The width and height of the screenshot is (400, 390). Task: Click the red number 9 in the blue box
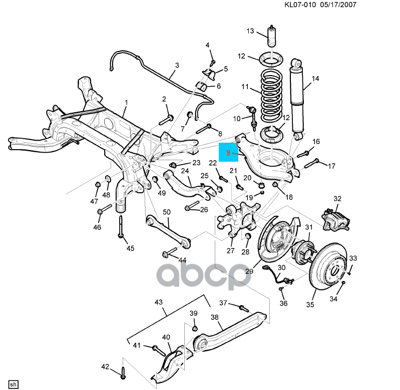[228, 153]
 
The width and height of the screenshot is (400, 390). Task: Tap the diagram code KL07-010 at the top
[300, 5]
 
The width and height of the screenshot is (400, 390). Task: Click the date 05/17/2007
[338, 5]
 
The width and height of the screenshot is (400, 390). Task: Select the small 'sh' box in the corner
[13, 384]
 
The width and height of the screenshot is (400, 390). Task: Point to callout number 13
[250, 31]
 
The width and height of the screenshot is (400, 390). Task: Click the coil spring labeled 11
[272, 93]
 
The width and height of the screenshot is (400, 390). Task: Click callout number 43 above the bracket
[158, 302]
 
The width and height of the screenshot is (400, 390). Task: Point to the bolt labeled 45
[121, 227]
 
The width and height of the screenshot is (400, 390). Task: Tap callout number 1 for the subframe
[126, 103]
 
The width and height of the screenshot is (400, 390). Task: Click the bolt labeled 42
[123, 373]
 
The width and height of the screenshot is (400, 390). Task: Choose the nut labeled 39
[194, 328]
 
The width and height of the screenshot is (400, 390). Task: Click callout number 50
[167, 212]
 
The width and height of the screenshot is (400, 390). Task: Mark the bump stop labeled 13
[272, 36]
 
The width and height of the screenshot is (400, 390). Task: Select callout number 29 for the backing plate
[249, 271]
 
